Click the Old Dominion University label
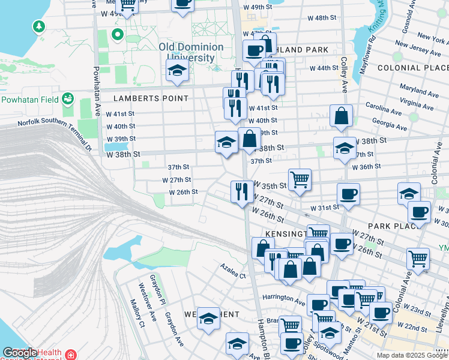pos(191,52)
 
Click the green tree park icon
pos(39,26)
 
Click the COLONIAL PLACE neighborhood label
pos(412,68)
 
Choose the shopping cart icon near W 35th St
pos(300,179)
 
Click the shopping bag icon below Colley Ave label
pos(341,116)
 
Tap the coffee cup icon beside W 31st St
pos(349,194)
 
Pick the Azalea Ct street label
pos(233,271)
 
